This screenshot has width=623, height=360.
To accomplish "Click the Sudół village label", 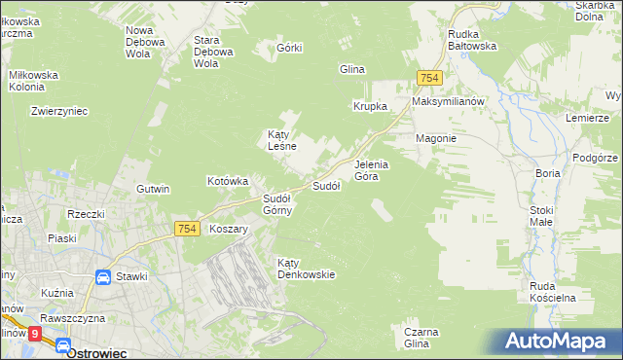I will [x=325, y=186].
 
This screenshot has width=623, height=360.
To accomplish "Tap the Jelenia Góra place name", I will [x=372, y=170].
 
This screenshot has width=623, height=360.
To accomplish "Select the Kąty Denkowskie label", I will [x=306, y=268].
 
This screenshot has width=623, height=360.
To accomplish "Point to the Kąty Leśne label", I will [x=282, y=141].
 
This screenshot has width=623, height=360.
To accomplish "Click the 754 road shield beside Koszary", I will [x=188, y=228].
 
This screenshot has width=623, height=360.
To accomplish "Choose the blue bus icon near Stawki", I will [x=102, y=277].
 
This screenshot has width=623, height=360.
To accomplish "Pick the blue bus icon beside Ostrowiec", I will [x=62, y=346].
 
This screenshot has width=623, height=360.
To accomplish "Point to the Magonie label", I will [x=436, y=138].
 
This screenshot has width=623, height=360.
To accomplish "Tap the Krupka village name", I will [x=370, y=106].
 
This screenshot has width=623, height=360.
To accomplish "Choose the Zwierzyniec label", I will [x=59, y=111].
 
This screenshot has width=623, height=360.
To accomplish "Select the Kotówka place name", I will [x=229, y=181].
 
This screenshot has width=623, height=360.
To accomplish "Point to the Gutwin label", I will [x=154, y=189].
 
